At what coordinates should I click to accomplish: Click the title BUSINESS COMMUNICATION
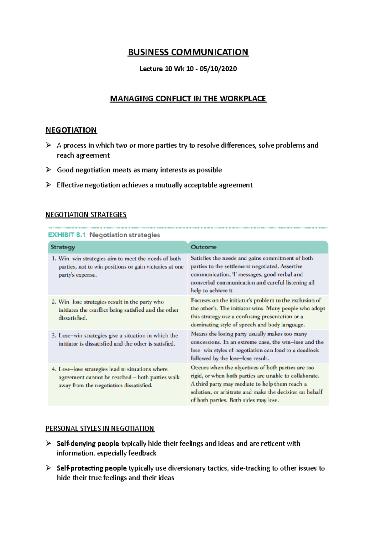188,52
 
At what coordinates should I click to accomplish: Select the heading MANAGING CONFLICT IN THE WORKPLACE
188,99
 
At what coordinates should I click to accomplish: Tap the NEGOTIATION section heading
71,130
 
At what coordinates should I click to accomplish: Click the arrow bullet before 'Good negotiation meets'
49,170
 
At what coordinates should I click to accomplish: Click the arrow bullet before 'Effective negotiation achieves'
49,185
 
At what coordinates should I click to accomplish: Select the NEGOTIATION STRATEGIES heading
86,215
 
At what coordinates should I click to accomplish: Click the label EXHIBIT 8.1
67,235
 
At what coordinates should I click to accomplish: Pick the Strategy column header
63,247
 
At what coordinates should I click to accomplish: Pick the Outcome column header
204,247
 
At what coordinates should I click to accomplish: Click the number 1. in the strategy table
54,259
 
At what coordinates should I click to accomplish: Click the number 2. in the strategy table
54,302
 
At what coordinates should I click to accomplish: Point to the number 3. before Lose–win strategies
54,336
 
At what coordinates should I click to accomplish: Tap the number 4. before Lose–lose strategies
54,369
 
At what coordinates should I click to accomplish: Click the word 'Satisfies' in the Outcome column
201,258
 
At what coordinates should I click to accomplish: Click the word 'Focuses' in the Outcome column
201,300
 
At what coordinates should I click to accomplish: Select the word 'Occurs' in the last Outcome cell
200,368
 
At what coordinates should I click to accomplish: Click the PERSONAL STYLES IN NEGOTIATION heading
100,428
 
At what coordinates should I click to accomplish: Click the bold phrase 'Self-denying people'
88,444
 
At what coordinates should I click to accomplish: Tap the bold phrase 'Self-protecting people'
91,468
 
